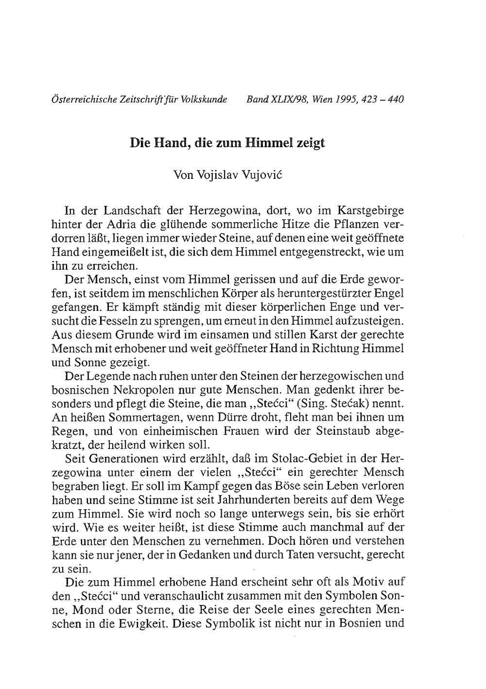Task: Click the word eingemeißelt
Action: [x=113, y=252]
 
